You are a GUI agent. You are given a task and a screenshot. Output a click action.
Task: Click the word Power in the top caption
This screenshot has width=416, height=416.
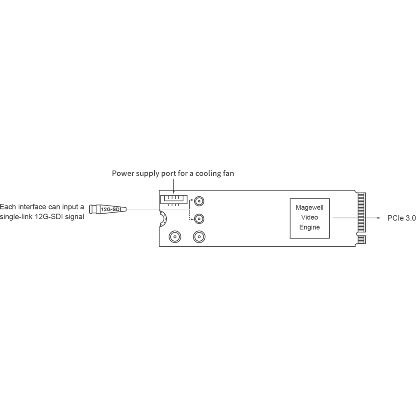[121, 173]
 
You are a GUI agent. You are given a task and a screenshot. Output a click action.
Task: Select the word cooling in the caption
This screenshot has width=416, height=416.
[206, 173]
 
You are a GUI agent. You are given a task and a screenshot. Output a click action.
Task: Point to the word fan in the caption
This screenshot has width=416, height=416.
[228, 173]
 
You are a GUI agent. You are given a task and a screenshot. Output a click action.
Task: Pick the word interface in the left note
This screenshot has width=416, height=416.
[33, 206]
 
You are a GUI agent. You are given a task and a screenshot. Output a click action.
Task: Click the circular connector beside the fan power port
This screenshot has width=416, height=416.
[200, 201]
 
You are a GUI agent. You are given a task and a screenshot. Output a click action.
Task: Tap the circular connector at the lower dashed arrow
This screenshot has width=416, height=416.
[200, 218]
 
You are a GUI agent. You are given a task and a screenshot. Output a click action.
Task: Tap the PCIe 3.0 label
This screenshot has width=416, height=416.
[401, 218]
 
